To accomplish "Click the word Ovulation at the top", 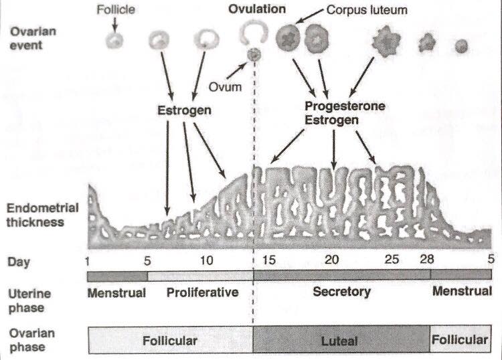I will (x=256, y=9).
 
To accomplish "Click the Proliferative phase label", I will (x=202, y=292).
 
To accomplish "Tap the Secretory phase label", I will (x=341, y=292).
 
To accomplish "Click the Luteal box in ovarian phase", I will (x=340, y=341).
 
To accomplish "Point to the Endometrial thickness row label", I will (x=41, y=214).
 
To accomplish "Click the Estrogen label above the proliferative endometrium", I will (x=183, y=110).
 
